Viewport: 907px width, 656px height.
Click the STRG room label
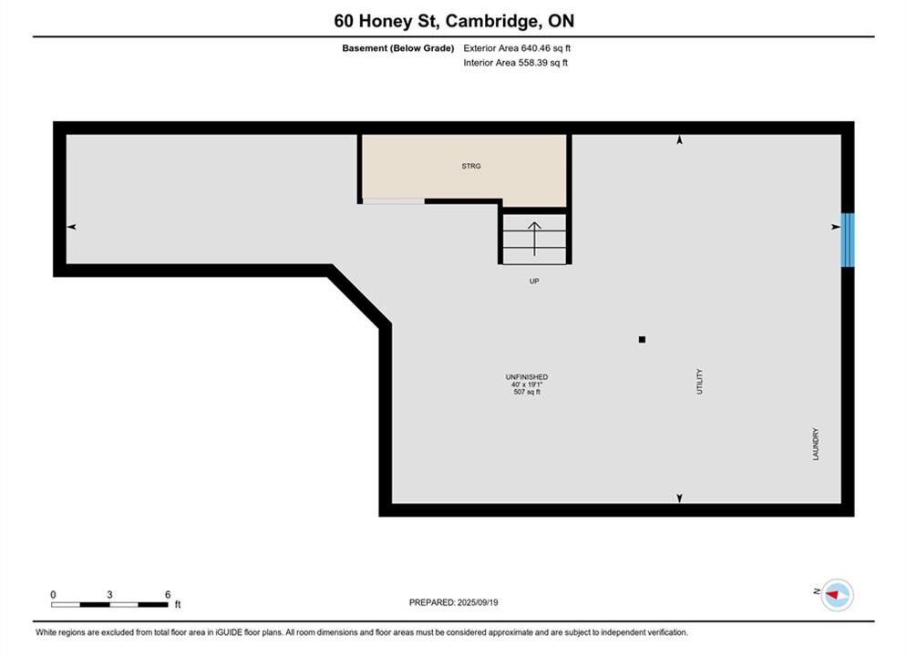[x=471, y=166]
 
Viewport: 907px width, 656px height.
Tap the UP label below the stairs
[x=534, y=281]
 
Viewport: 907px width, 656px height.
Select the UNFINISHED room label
[x=526, y=377]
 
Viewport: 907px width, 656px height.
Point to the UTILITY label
[x=699, y=382]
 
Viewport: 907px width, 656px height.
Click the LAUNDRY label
[x=816, y=444]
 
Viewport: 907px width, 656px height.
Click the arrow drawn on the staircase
[x=534, y=239]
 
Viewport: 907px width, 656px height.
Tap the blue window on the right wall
[x=848, y=240]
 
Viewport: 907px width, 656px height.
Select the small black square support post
[x=642, y=339]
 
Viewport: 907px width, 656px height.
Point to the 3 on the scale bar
[x=109, y=594]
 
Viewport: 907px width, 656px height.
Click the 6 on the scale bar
[x=168, y=594]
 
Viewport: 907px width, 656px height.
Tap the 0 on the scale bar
[x=53, y=594]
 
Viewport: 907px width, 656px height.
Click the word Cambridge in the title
[x=491, y=21]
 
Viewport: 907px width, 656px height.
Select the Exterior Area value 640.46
[x=534, y=48]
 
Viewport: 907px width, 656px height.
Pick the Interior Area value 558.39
[x=532, y=63]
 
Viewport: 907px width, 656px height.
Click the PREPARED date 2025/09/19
[x=478, y=602]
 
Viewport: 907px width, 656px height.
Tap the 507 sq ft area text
[x=526, y=392]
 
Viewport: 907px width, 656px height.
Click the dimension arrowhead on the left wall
[x=71, y=227]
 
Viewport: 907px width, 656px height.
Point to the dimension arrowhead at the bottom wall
[x=680, y=498]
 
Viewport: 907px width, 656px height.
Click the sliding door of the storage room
[x=394, y=201]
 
